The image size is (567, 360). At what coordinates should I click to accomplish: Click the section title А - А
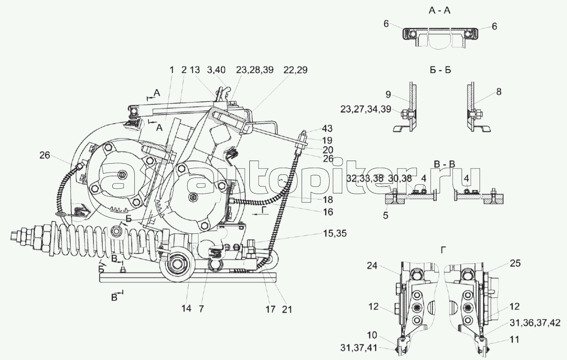[439, 12]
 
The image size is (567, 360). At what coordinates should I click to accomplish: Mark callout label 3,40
[217, 70]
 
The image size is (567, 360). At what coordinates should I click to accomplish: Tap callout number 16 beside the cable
[328, 212]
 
